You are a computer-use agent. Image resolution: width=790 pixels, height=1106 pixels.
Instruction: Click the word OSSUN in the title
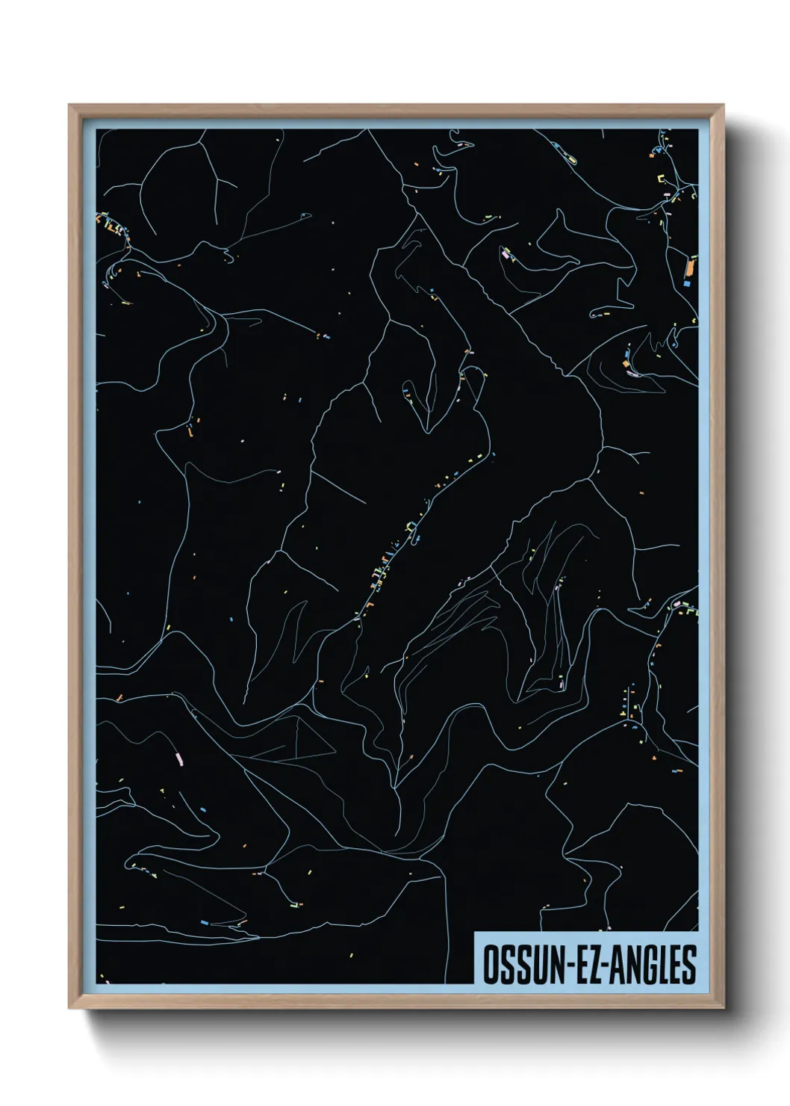(523, 965)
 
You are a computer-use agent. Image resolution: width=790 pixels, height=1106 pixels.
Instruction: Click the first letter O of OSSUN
(490, 965)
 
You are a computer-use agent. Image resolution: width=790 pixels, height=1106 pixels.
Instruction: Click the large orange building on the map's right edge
(690, 266)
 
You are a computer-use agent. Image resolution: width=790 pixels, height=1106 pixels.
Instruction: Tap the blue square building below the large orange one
(686, 283)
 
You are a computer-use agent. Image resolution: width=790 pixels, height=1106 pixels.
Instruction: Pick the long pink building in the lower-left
(178, 759)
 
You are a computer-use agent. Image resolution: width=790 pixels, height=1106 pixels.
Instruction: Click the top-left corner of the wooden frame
(69, 105)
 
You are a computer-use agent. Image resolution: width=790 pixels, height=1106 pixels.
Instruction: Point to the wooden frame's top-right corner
(724, 105)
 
